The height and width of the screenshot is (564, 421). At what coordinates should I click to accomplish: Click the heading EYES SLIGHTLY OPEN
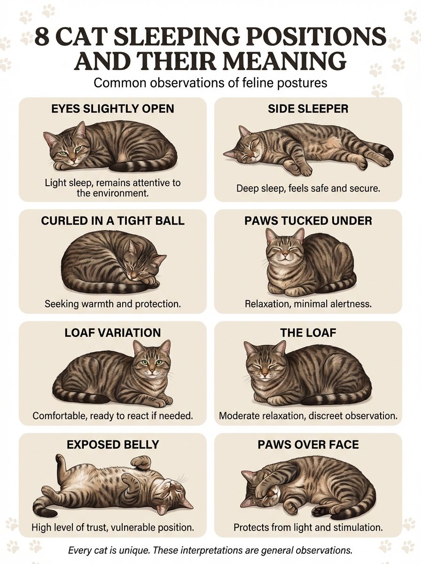[112, 109]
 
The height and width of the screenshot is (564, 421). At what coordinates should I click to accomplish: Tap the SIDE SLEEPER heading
[308, 109]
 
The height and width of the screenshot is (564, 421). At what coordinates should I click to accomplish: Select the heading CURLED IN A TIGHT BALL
[112, 221]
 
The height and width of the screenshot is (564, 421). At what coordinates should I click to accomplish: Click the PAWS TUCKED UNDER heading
[308, 221]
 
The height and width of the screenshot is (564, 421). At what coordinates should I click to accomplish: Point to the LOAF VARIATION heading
[112, 332]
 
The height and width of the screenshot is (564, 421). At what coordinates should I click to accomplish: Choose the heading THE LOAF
[308, 332]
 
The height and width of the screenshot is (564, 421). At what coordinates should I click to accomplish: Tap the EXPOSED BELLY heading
[112, 445]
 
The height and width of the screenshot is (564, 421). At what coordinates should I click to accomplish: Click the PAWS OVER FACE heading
[308, 445]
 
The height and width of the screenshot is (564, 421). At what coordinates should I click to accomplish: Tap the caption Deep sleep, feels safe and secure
[308, 188]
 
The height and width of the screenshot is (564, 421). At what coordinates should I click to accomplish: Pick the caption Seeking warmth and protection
[112, 304]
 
